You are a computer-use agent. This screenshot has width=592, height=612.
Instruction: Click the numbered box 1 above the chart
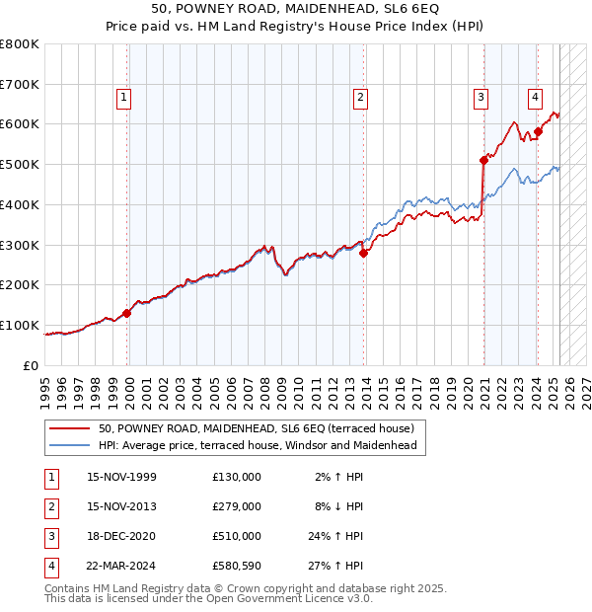124,97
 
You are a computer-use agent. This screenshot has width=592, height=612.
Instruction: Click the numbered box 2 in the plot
361,97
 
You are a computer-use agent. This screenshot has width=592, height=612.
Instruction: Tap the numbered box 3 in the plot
481,97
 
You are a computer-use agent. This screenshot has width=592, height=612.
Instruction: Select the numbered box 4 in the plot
534,97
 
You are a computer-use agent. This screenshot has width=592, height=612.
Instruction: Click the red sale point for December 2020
483,160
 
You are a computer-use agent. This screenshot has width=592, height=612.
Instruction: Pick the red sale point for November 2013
364,253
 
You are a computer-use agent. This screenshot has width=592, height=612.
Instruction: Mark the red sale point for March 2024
539,131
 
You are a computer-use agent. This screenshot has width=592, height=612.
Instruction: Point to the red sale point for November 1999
127,313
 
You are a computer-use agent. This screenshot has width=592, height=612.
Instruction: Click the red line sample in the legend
69,429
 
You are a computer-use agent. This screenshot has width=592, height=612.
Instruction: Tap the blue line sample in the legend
69,445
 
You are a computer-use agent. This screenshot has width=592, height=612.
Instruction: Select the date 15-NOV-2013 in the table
121,506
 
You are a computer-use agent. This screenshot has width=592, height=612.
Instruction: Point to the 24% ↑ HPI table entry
335,536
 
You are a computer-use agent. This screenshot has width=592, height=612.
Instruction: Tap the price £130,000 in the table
237,477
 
